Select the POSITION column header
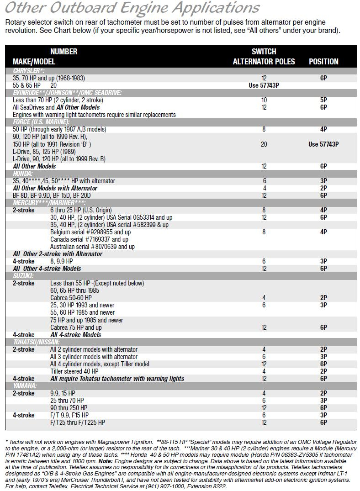point(323,62)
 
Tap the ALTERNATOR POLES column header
point(264,62)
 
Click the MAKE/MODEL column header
point(34,62)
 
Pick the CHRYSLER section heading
point(29,71)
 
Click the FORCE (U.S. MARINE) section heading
point(41,122)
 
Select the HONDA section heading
point(23,174)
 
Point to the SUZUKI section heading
point(23,276)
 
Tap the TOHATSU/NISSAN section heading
point(36,342)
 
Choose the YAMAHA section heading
point(25,386)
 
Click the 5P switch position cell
point(323,100)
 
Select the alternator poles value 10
point(264,100)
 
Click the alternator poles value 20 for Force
point(264,144)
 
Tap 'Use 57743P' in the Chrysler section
point(264,85)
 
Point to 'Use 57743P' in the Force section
point(323,144)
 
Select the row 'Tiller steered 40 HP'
point(74,371)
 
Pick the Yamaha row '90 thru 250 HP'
point(69,408)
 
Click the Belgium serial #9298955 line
point(90,232)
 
